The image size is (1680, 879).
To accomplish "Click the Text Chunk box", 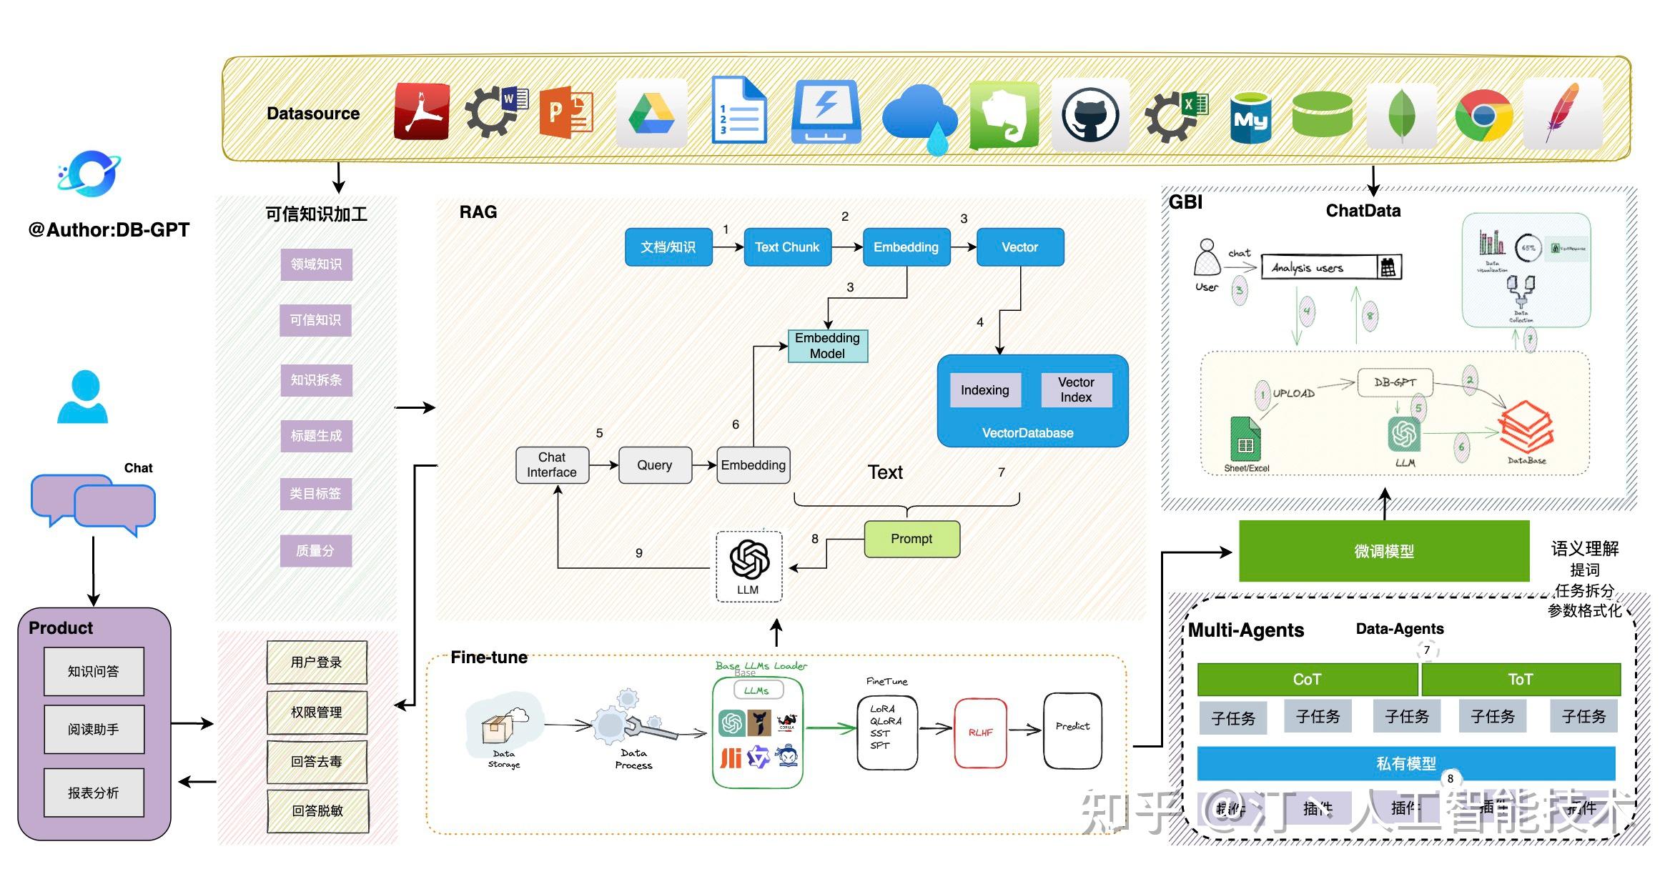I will [787, 247].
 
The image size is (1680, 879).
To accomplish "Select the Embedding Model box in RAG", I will [827, 346].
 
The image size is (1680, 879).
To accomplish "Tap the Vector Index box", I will [1076, 390].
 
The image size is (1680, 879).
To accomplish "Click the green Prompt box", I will [911, 539].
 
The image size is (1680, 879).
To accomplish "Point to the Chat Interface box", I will [552, 465].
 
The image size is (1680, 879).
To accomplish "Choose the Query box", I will [655, 465].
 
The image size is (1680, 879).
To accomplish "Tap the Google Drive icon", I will [651, 114].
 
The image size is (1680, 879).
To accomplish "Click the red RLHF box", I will [980, 732].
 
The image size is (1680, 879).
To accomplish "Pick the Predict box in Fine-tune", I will [1072, 729].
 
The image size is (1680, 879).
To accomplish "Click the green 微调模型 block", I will [1383, 551].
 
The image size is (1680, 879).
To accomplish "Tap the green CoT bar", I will [1307, 679].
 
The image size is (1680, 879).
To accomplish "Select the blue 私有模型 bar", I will [1405, 763].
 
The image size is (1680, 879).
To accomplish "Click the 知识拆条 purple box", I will [316, 380].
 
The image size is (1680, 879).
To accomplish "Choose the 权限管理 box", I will [317, 712].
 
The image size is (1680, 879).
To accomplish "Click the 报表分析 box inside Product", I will [94, 793].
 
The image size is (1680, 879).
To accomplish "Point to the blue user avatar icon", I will [83, 397].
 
